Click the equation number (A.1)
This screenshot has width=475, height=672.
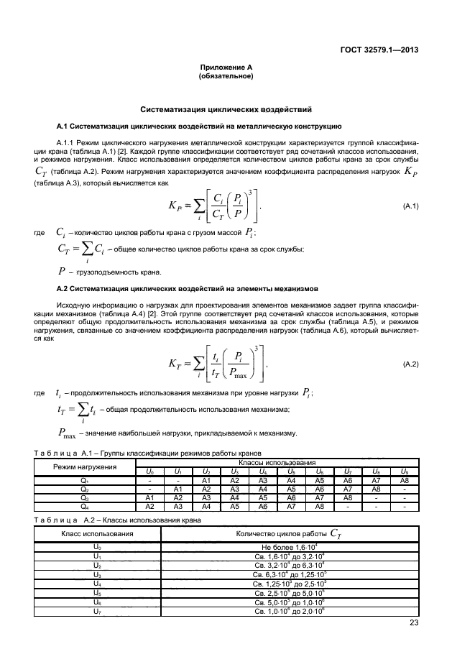click(411, 206)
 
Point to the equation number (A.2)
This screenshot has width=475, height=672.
click(411, 365)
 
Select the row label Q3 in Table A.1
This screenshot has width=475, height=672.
click(84, 497)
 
